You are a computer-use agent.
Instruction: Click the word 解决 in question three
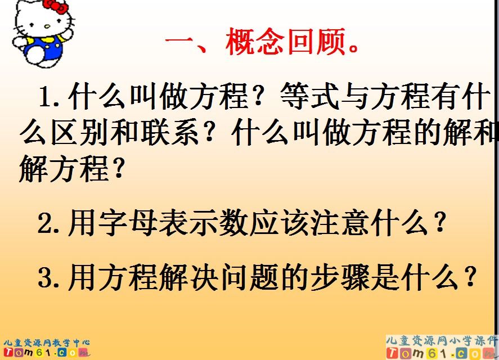tap(202, 277)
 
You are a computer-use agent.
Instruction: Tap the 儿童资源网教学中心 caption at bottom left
tap(46, 343)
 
